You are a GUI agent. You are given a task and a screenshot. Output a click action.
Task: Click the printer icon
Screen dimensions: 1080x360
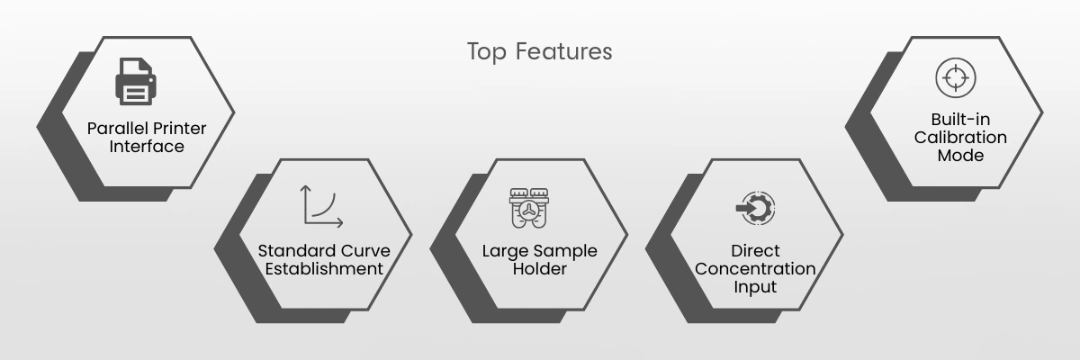point(136,81)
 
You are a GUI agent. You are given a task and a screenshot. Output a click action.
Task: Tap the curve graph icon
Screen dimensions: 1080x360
point(321,206)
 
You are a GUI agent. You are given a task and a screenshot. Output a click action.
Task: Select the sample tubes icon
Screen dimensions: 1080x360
point(529,208)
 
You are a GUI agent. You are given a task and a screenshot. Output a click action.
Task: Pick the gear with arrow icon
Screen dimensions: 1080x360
point(755,208)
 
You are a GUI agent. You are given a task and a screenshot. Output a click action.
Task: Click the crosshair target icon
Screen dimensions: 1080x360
point(956,77)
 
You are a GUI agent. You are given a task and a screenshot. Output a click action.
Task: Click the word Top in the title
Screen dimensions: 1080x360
point(487,52)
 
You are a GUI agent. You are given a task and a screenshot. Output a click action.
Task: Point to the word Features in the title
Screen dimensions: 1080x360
point(563,51)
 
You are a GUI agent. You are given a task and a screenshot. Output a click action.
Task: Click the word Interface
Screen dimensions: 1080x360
point(147,147)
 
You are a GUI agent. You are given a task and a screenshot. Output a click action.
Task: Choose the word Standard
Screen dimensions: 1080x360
point(297,250)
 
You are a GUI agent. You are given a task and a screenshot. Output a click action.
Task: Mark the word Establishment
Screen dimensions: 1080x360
point(324,269)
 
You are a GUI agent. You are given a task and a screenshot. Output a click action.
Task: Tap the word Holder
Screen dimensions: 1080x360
point(539,269)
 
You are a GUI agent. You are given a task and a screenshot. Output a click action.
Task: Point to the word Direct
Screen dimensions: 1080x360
point(755,250)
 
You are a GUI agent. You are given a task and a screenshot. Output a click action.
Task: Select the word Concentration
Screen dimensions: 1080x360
point(755,269)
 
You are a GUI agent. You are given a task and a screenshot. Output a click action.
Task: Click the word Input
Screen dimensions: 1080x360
point(755,287)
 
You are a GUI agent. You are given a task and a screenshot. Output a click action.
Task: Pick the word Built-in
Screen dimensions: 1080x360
point(960,119)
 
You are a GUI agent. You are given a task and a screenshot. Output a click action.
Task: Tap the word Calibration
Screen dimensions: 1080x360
point(960,138)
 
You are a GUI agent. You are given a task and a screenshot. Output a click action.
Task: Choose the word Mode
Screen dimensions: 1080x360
point(960,156)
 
